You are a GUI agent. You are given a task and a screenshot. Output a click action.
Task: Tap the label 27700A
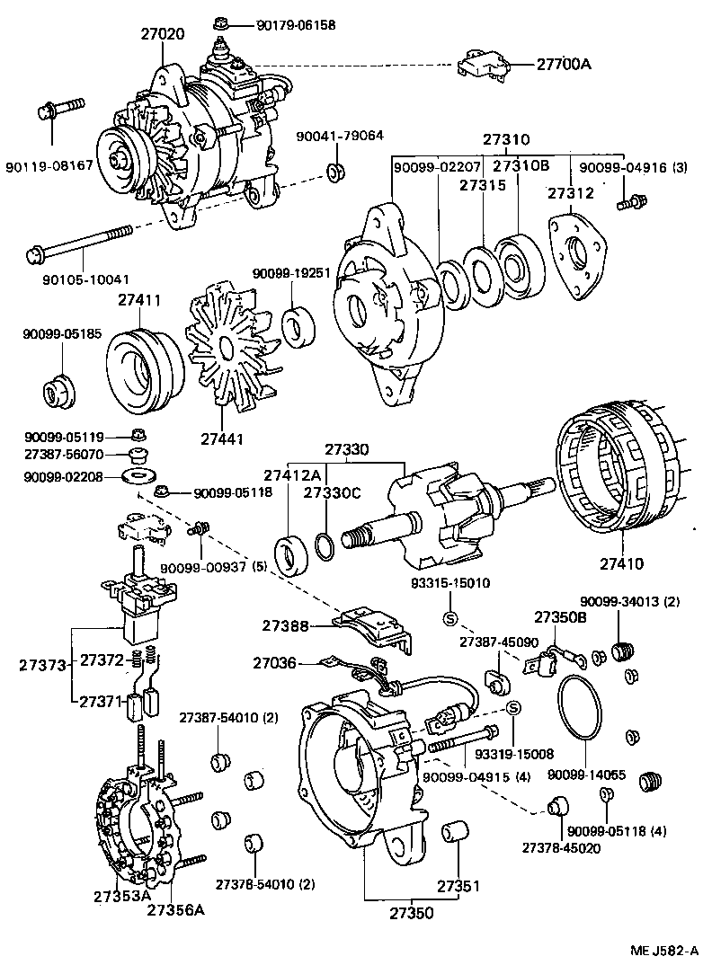[x=569, y=64]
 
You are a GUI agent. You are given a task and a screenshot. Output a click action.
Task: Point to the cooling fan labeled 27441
[x=228, y=350]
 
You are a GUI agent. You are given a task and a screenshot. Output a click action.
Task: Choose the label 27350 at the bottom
[x=413, y=913]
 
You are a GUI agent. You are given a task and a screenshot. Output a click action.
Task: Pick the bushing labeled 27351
[x=454, y=831]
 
